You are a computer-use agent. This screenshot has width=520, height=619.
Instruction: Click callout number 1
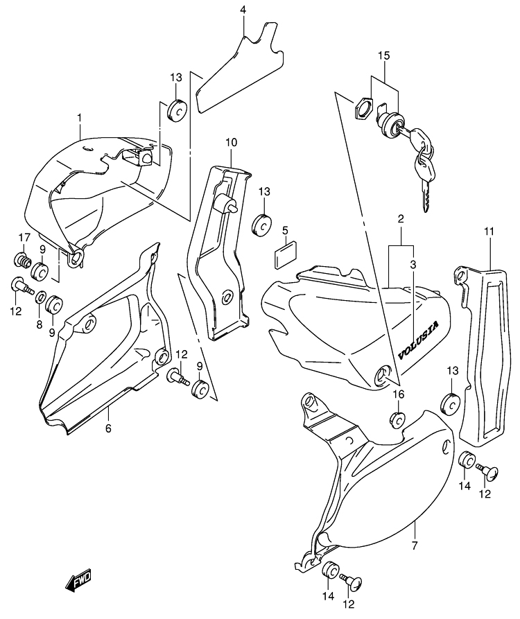(80, 119)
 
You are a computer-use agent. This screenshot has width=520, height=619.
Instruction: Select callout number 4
(243, 10)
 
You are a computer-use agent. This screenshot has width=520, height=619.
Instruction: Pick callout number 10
(231, 143)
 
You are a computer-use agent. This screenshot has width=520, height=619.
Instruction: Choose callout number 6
(108, 428)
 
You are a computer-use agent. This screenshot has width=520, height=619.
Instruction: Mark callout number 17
(24, 238)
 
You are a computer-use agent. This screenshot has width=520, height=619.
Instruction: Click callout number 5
(285, 229)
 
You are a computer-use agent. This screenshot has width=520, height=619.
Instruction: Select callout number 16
(399, 394)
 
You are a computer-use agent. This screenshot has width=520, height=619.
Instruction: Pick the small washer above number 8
(42, 297)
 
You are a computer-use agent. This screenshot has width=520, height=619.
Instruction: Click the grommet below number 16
(397, 419)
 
